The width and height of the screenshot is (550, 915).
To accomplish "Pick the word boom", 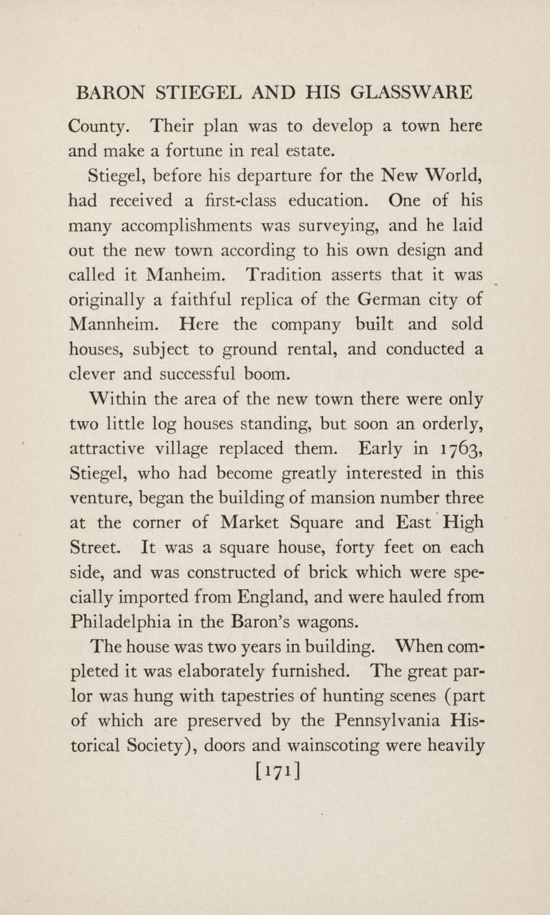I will (268, 373).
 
